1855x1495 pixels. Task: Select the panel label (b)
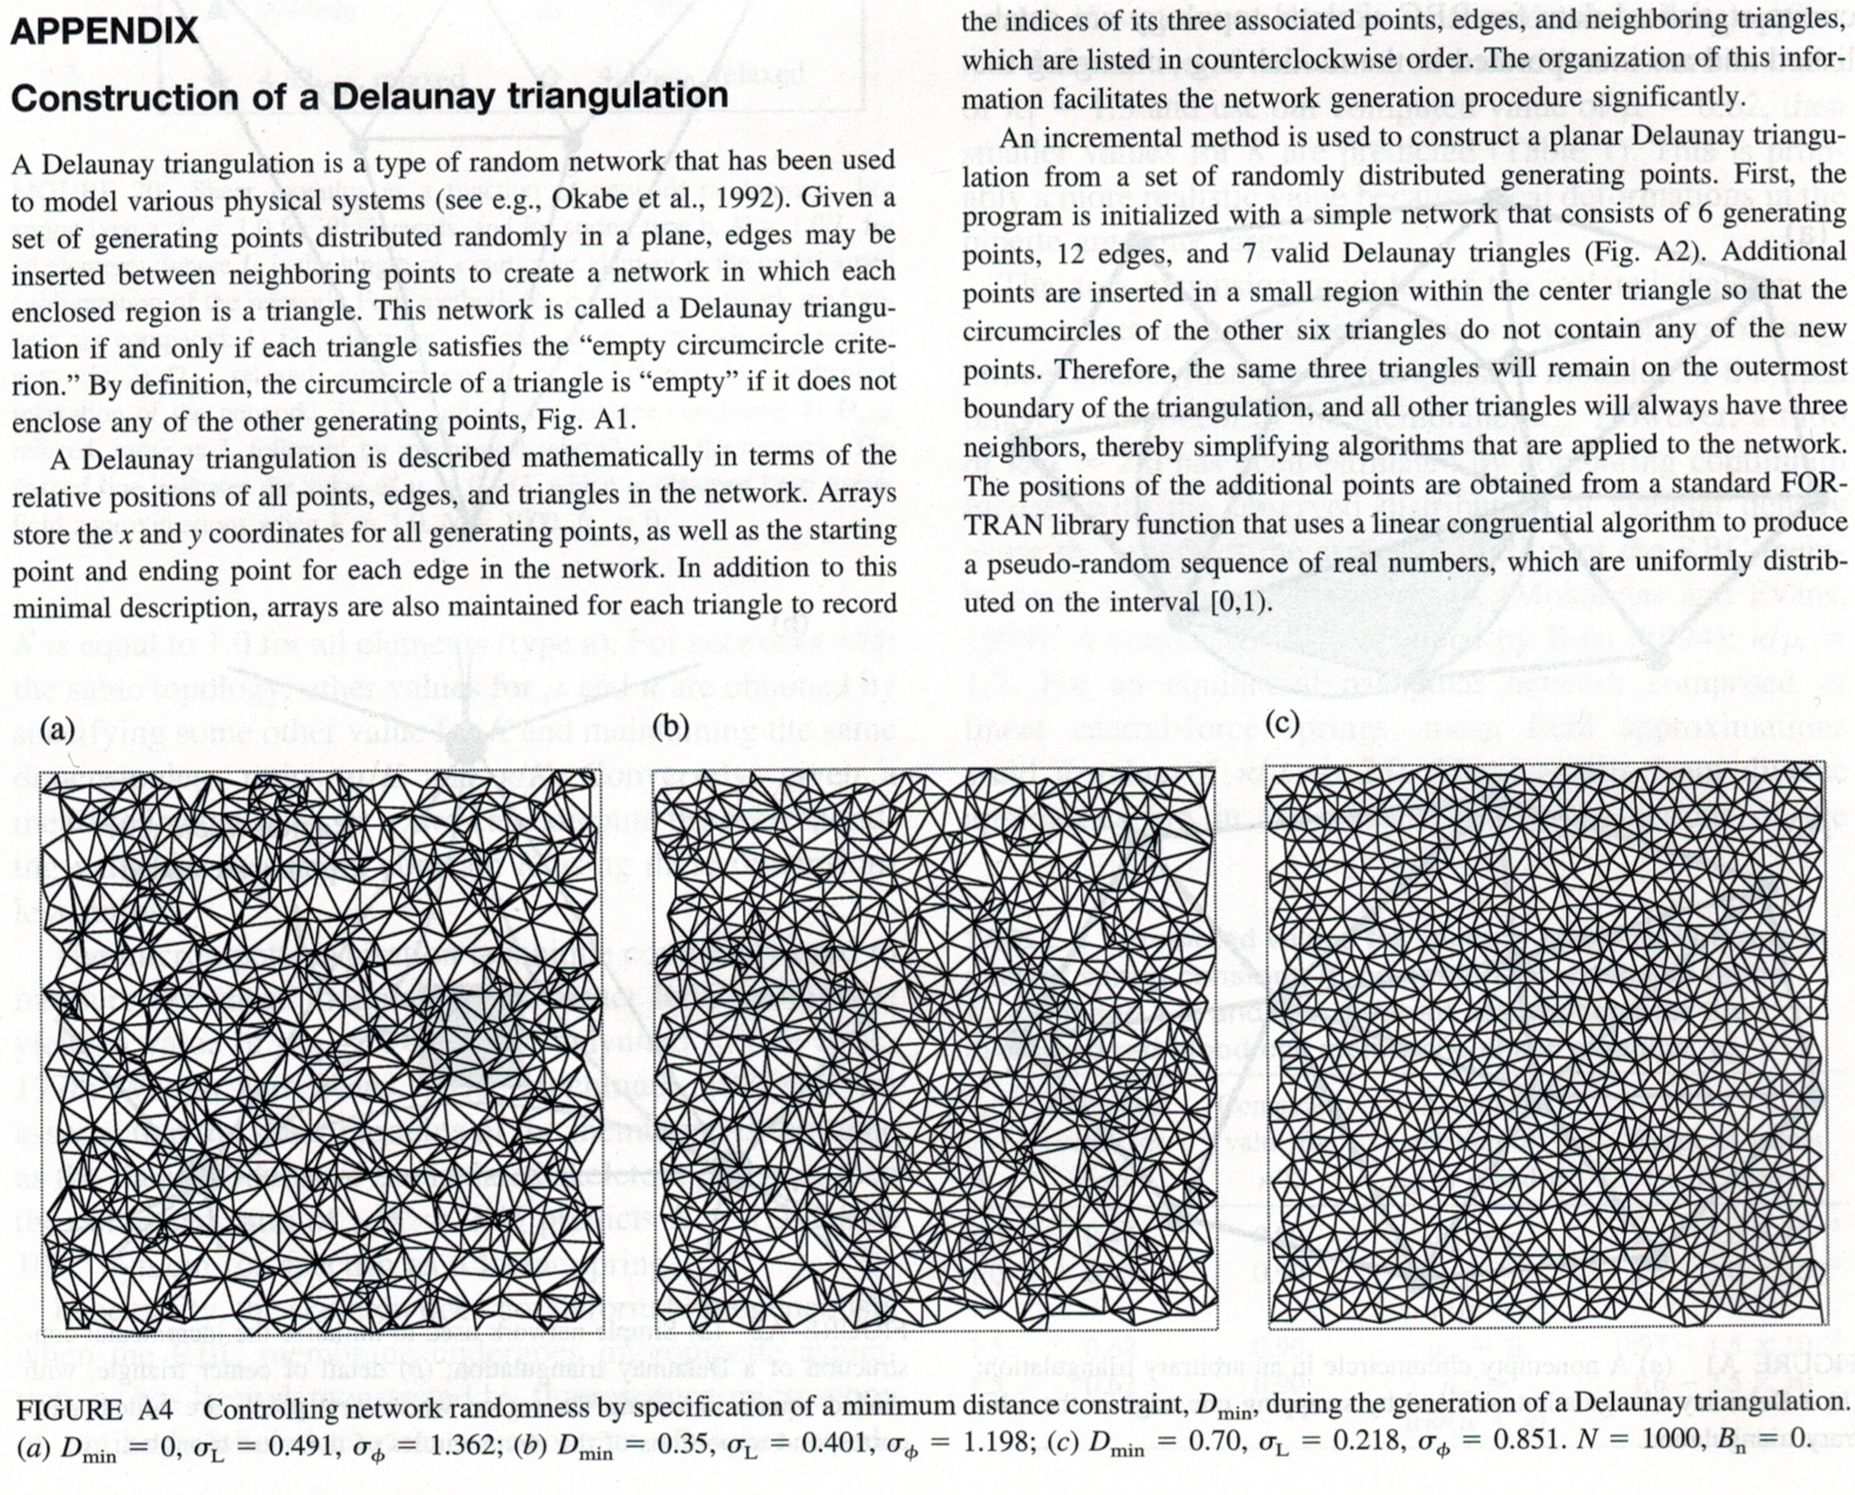[671, 725]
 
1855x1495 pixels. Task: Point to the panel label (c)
[1282, 724]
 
